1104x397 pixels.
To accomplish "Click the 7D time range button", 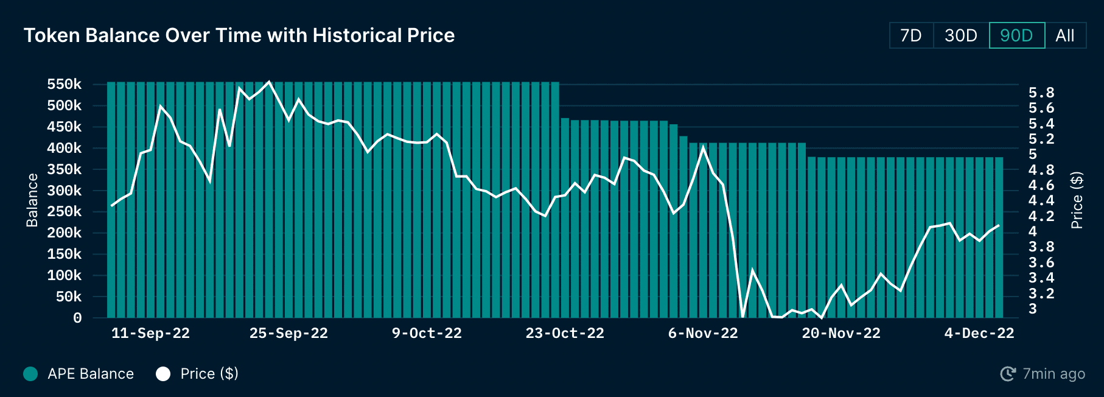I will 911,35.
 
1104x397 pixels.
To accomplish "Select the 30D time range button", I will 961,35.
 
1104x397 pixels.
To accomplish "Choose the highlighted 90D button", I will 1016,35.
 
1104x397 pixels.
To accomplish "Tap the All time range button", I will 1065,35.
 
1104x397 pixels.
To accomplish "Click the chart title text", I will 239,35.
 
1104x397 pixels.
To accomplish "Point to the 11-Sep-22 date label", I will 150,334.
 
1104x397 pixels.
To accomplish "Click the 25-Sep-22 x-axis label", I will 288,334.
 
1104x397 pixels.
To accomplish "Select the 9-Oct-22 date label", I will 427,334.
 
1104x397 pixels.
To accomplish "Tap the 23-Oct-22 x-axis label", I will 565,334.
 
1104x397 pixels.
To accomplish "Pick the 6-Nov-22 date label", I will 703,334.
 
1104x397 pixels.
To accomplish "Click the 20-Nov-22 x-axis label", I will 841,334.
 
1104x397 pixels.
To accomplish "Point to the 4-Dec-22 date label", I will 979,334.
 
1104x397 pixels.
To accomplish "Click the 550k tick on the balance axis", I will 64,84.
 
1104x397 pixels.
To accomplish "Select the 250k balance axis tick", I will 64,211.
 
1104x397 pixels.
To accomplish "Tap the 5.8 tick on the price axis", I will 1041,93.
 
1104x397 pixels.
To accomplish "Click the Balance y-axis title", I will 32,200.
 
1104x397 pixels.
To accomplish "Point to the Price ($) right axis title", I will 1077,200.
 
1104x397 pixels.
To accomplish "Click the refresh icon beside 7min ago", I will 1008,374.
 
